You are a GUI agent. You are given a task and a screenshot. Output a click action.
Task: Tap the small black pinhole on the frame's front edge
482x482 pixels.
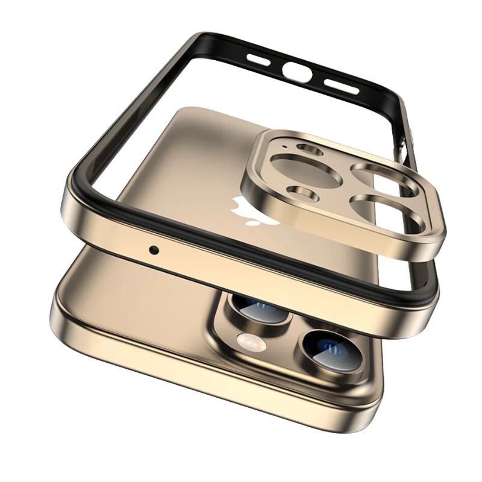tap(155, 248)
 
